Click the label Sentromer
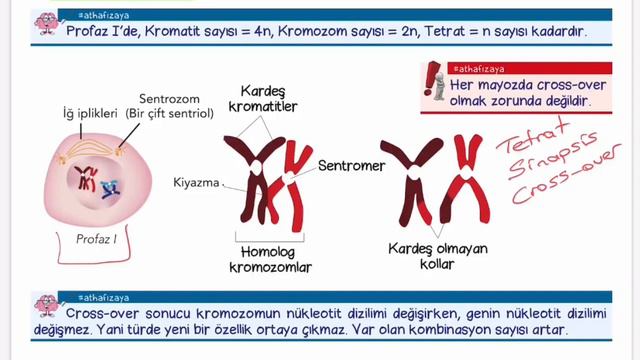[x=351, y=166]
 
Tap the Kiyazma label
[x=195, y=183]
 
